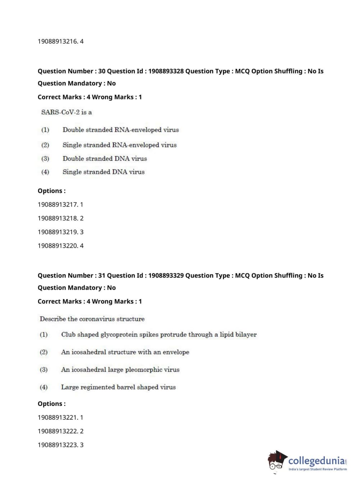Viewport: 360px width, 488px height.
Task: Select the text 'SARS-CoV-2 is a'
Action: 67,112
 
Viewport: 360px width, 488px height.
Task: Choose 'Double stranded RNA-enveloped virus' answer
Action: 120,130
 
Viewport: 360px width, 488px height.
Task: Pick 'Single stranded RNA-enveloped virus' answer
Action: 119,145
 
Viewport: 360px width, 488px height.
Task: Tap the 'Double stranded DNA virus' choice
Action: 105,159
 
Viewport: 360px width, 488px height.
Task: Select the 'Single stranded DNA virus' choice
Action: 104,172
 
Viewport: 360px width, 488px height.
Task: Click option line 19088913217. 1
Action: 60,205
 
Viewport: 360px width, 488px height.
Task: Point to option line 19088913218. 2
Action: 60,218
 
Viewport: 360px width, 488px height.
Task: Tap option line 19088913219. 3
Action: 60,232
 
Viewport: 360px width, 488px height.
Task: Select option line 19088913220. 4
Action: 60,246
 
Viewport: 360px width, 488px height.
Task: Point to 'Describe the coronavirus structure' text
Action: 92,319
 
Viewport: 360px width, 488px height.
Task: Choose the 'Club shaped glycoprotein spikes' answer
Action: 159,335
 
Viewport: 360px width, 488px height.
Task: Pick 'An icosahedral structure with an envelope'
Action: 125,352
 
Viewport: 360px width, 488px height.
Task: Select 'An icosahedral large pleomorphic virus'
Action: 120,370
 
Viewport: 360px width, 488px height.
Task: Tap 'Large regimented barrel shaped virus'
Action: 118,387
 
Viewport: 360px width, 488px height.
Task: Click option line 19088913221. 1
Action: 60,417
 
